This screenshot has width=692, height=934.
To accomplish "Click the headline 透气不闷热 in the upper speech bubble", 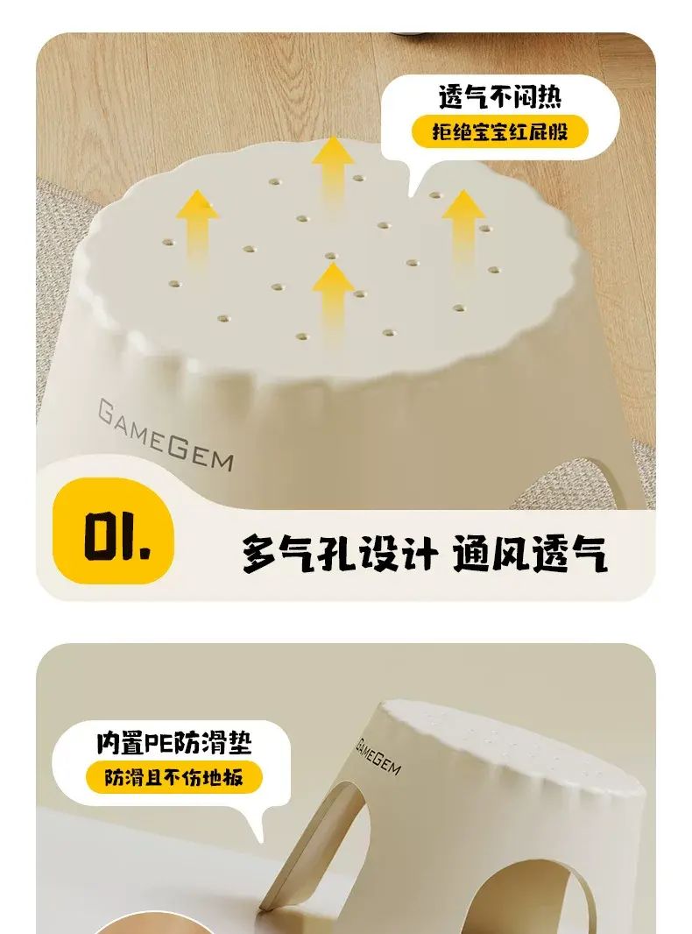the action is (499, 96).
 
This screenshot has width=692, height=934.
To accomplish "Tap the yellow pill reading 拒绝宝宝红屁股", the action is (499, 131).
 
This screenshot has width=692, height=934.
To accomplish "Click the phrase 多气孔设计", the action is (340, 554).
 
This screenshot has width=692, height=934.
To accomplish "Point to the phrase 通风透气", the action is (529, 554).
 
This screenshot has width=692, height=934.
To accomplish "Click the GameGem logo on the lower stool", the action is (378, 756).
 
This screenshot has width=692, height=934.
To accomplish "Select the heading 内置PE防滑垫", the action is (174, 743).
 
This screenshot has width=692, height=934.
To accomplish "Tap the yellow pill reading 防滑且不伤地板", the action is (174, 777).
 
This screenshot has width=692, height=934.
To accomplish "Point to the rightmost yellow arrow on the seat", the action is (463, 230).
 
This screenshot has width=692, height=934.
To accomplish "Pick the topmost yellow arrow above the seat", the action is (333, 170).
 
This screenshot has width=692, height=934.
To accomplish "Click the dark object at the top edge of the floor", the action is (417, 37).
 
